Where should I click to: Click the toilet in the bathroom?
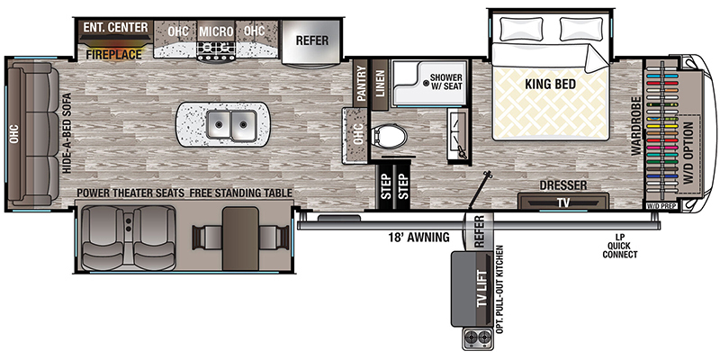[x=389, y=137]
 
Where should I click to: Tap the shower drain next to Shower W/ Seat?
[x=427, y=83]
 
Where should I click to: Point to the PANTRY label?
[x=361, y=84]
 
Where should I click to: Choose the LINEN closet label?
[x=379, y=84]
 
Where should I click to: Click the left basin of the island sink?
[x=219, y=124]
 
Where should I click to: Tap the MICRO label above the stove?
[x=216, y=31]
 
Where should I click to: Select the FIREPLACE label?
[x=113, y=55]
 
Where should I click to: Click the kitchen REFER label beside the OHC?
[x=311, y=40]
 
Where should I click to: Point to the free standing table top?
[x=240, y=238]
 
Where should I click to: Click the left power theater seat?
[x=103, y=237]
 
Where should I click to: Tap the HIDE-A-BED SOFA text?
[x=67, y=133]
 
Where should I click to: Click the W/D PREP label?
[x=661, y=206]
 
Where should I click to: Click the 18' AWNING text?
[x=418, y=238]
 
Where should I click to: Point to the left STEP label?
[x=385, y=186]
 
